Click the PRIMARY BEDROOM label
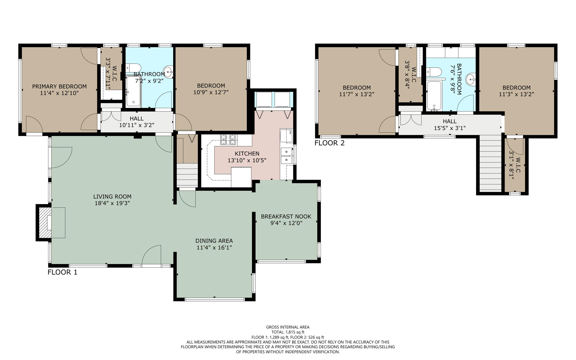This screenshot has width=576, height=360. pyautogui.click(x=59, y=86)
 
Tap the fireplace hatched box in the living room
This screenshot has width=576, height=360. pyautogui.click(x=45, y=223)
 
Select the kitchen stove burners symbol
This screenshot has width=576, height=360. pyautogui.click(x=228, y=140)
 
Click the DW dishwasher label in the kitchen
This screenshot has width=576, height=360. pyautogui.click(x=290, y=131)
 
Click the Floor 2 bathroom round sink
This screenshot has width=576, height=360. pyautogui.click(x=471, y=79)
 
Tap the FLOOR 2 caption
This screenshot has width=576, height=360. pyautogui.click(x=329, y=143)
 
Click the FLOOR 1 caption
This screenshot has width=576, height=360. pyautogui.click(x=62, y=272)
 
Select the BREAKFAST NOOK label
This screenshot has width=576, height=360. pyautogui.click(x=286, y=216)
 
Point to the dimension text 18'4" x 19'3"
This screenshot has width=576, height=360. pyautogui.click(x=112, y=203)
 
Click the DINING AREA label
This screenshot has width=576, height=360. pyautogui.click(x=214, y=241)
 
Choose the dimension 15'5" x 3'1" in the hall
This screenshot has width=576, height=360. pyautogui.click(x=450, y=128)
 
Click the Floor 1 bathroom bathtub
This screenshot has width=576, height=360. pyautogui.click(x=133, y=91)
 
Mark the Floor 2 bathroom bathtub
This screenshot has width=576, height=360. pyautogui.click(x=434, y=95)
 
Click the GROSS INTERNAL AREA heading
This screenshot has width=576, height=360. pyautogui.click(x=288, y=327)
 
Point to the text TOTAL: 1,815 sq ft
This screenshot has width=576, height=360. pyautogui.click(x=288, y=332)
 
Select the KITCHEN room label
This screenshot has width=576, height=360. pyautogui.click(x=247, y=154)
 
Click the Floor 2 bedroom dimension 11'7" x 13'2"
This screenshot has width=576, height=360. pyautogui.click(x=357, y=94)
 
